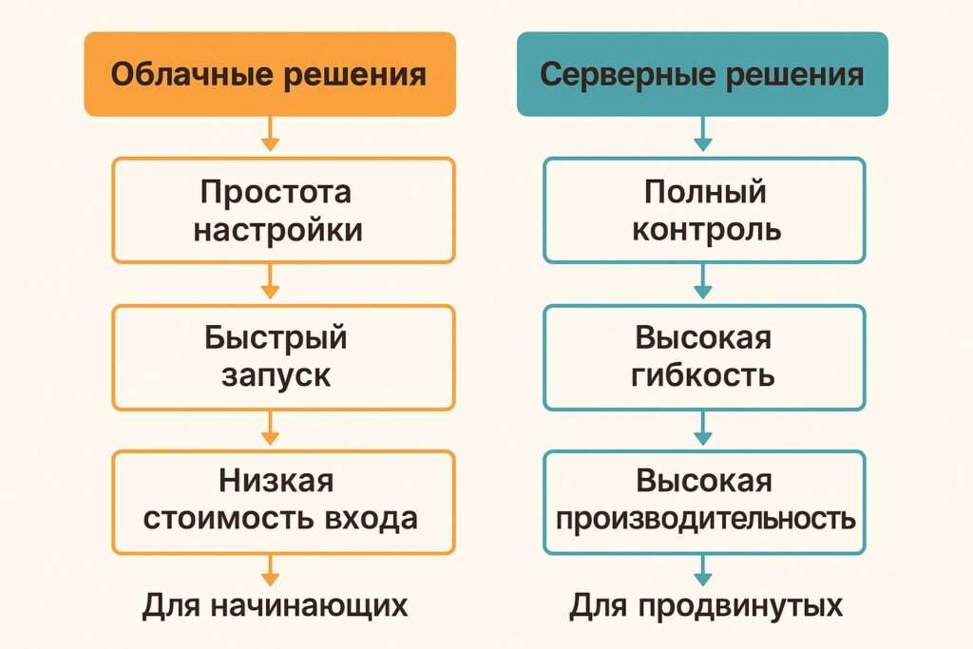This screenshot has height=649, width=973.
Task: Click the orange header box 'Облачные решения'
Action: click(270, 74)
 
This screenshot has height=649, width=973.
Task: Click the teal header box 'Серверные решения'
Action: click(702, 74)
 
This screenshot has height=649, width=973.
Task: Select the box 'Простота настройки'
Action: click(283, 210)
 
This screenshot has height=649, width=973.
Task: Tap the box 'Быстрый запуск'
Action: click(283, 356)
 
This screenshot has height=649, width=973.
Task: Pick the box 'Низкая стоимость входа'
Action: click(283, 502)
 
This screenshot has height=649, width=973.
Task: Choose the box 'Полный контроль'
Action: click(704, 210)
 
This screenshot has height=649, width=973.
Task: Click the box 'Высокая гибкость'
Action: click(704, 356)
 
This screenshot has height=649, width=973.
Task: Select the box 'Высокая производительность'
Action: click(704, 502)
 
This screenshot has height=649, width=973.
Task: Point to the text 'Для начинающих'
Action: click(276, 605)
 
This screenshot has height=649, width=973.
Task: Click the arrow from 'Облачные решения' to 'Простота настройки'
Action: click(271, 135)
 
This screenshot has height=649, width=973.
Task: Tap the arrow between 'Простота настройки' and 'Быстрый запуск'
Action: click(271, 283)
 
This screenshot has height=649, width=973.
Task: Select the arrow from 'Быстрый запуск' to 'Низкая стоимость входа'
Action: click(271, 429)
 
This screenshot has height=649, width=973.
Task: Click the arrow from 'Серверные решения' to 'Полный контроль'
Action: click(703, 135)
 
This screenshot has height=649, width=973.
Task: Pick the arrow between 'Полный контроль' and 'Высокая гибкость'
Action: click(703, 283)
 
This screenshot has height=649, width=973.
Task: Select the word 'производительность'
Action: click(705, 520)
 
